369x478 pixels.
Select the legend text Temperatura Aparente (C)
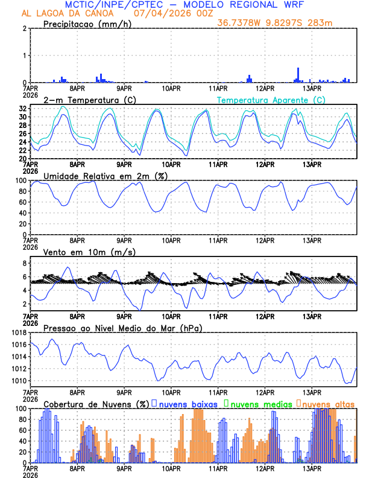(x=271, y=100)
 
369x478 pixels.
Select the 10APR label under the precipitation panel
(x=171, y=89)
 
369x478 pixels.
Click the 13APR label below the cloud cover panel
(x=312, y=469)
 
